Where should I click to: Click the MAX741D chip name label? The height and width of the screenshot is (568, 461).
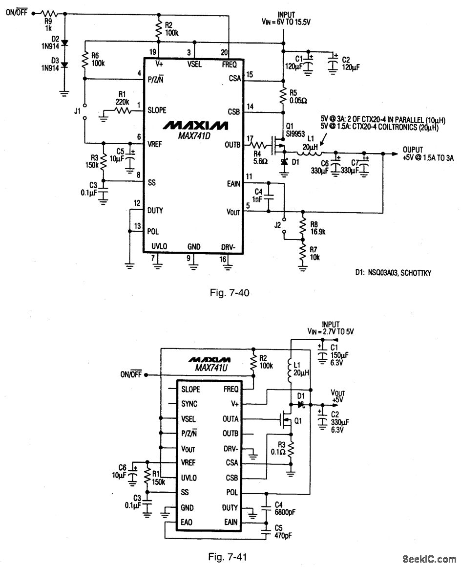click(194, 135)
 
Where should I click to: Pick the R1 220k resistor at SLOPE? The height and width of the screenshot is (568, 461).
click(122, 111)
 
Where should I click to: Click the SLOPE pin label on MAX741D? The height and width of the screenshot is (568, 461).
click(156, 110)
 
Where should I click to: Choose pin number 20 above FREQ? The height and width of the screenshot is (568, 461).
click(224, 52)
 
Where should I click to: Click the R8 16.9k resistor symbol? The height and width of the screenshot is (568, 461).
click(303, 225)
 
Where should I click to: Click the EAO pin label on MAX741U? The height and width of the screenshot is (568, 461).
click(187, 522)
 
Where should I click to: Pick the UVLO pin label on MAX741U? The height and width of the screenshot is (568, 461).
click(189, 478)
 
